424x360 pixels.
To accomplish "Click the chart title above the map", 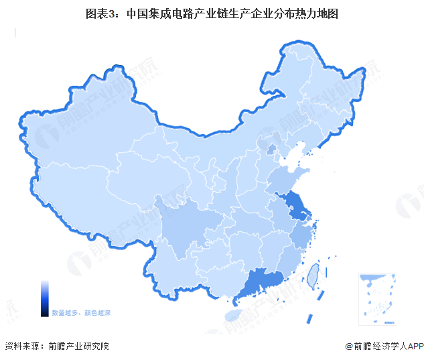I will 212,13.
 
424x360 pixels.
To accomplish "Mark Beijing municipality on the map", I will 272,148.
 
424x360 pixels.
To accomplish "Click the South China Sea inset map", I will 376,295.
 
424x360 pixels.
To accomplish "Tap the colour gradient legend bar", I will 44,297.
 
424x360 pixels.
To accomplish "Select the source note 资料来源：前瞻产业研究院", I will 56,347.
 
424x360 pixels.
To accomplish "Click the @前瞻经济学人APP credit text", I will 382,347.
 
